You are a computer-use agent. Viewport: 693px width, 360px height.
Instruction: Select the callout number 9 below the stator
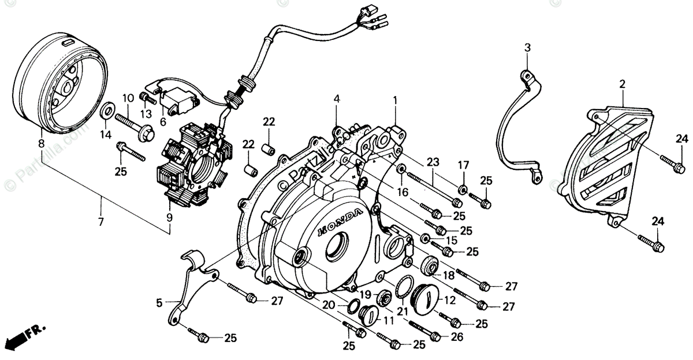coord(170,218)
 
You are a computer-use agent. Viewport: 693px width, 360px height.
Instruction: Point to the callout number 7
coord(101,222)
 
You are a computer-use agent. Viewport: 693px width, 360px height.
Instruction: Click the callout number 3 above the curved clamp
coord(527,47)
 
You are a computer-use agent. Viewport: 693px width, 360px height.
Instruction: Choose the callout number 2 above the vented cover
coord(622,84)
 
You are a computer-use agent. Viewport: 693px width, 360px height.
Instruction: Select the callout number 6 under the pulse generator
coord(163,122)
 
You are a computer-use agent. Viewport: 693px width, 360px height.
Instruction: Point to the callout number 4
coord(336,99)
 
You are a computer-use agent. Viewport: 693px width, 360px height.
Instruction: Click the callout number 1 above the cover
coord(395,100)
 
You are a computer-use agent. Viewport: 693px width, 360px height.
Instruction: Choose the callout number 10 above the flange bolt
coord(128,97)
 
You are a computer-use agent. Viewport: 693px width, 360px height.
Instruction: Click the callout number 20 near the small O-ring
coord(327,306)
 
